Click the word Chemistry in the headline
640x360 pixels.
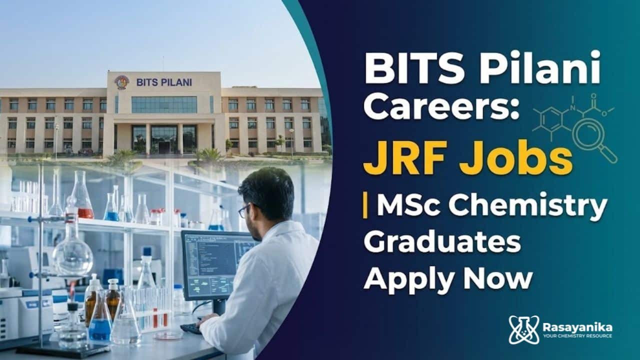(x=527, y=206)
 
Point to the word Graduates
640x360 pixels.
(x=442, y=242)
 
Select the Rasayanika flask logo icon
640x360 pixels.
(x=523, y=329)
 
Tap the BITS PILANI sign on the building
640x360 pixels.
(x=164, y=82)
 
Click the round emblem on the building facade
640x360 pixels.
(x=121, y=82)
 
